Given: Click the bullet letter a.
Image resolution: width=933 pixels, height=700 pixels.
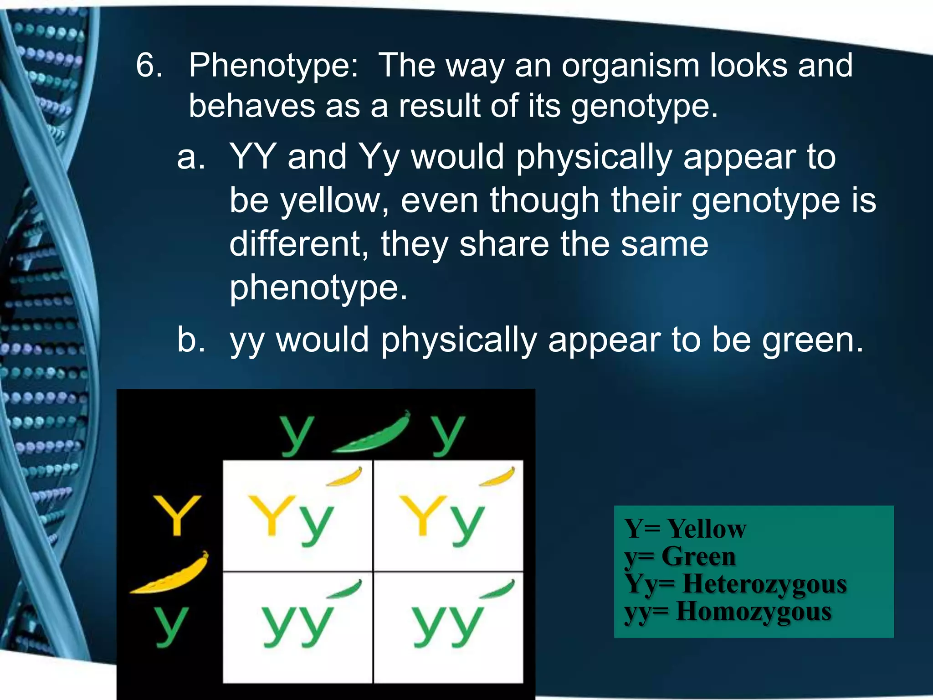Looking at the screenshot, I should [x=190, y=157].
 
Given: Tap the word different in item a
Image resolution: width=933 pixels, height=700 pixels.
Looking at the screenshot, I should [x=299, y=244].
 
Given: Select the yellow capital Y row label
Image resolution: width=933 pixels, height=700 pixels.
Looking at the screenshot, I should [x=177, y=515].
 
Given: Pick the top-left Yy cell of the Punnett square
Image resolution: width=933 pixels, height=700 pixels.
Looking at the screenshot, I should [x=297, y=516].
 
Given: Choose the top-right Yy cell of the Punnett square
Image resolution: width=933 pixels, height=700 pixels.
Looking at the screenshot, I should [x=448, y=516].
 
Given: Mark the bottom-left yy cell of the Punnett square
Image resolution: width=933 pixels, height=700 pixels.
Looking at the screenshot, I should [x=297, y=627].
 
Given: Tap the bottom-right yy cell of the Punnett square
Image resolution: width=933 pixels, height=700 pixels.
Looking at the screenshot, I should [x=448, y=627].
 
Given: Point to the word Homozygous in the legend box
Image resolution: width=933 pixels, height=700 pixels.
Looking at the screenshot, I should [x=754, y=612].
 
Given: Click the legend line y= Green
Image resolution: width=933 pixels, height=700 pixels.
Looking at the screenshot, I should [x=680, y=556].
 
